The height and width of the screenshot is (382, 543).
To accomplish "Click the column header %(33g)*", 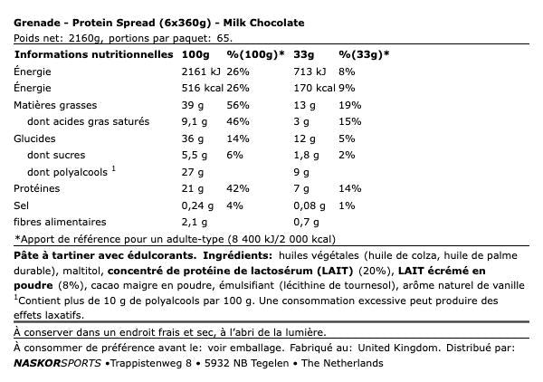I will (364, 54).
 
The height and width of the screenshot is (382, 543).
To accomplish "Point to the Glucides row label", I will (35, 138).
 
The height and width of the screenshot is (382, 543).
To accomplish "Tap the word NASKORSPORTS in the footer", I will (59, 363).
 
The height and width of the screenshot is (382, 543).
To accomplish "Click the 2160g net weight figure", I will (80, 37).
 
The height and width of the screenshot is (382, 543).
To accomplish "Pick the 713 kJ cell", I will (312, 72).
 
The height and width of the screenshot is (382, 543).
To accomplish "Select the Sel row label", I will (24, 205).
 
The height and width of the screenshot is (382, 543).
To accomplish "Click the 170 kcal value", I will (315, 89).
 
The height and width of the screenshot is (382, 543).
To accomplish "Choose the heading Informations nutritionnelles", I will (93, 54).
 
